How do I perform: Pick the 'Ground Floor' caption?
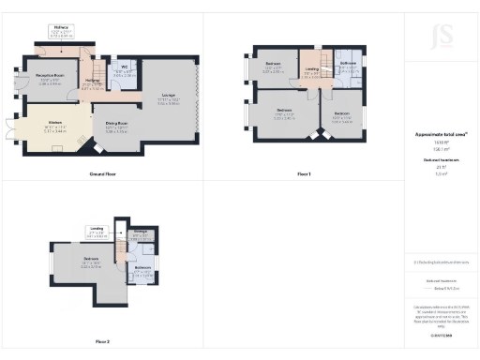pyautogui.click(x=102, y=174)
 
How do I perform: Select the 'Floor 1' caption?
pyautogui.click(x=303, y=174)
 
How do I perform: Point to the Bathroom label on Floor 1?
pyautogui.click(x=349, y=65)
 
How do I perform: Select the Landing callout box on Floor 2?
pyautogui.click(x=97, y=230)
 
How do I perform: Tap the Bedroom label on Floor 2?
pyautogui.click(x=91, y=262)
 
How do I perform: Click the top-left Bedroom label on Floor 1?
pyautogui.click(x=274, y=67)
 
